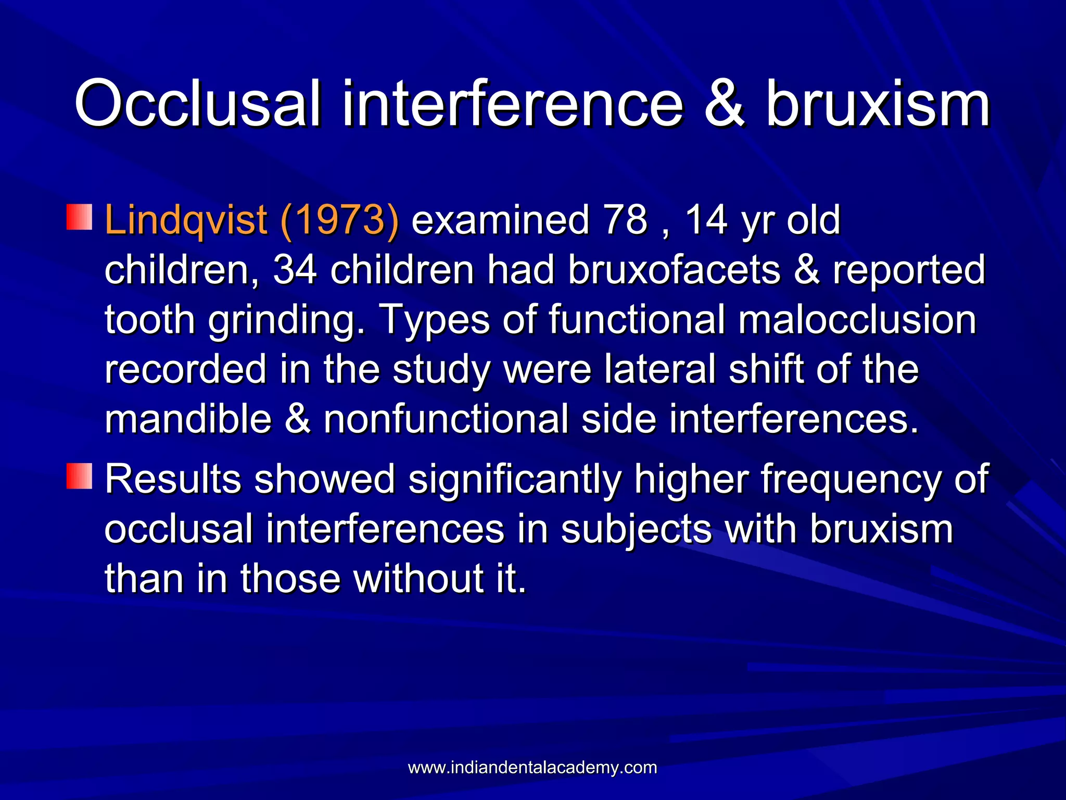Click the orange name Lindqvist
tap(186, 220)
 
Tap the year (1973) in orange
tap(339, 220)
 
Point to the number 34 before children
tap(295, 270)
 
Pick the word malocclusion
tap(857, 319)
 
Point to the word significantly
tap(515, 479)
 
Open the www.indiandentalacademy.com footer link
tap(532, 767)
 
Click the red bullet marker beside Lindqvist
tap(79, 217)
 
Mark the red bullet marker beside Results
tap(79, 476)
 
